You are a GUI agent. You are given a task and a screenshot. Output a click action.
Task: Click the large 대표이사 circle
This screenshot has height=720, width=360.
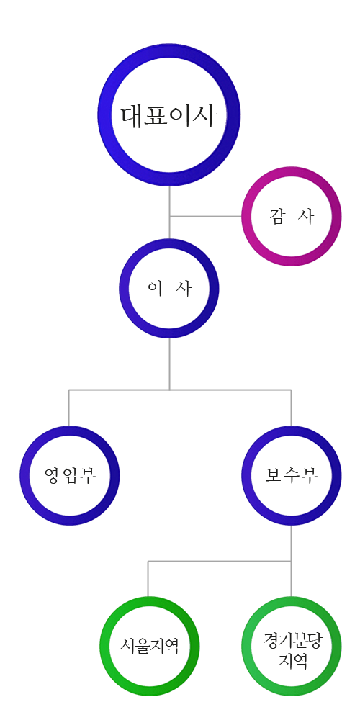[107, 114]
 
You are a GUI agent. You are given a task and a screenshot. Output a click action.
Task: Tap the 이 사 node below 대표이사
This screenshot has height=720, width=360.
[126, 289]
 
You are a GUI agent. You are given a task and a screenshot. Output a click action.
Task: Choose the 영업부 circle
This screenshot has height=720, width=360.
[27, 475]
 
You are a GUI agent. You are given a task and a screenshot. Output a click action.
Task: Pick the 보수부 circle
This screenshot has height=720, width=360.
[249, 475]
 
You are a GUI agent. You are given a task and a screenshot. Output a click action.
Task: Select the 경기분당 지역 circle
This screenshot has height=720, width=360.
[249, 646]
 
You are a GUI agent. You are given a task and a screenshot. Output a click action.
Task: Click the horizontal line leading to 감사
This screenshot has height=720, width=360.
[206, 216]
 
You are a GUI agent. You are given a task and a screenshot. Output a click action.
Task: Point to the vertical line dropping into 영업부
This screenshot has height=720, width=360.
[69, 408]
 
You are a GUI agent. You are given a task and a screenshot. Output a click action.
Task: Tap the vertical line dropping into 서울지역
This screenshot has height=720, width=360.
[148, 579]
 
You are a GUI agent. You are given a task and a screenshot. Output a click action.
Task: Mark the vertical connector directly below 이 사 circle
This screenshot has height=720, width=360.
[169, 364]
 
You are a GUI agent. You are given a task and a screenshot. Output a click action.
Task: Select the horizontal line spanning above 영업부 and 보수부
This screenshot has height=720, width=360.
[180, 390]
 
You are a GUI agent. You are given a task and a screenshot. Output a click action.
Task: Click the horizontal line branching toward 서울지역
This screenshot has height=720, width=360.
[220, 561]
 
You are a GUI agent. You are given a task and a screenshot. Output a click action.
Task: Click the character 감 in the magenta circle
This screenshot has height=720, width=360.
[278, 216]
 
